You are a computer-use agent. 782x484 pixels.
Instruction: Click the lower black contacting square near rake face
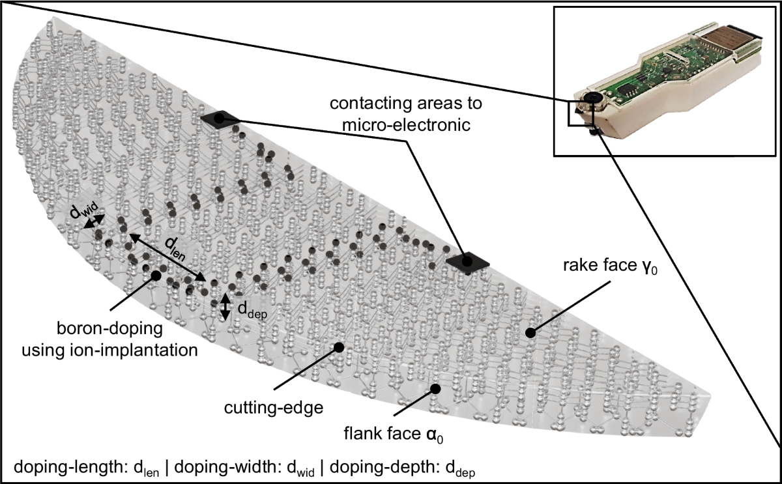click(468, 261)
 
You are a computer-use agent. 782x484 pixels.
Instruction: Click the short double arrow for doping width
click(93, 222)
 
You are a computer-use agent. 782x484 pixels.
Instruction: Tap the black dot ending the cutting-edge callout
click(339, 348)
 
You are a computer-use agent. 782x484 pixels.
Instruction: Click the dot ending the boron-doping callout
click(156, 275)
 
